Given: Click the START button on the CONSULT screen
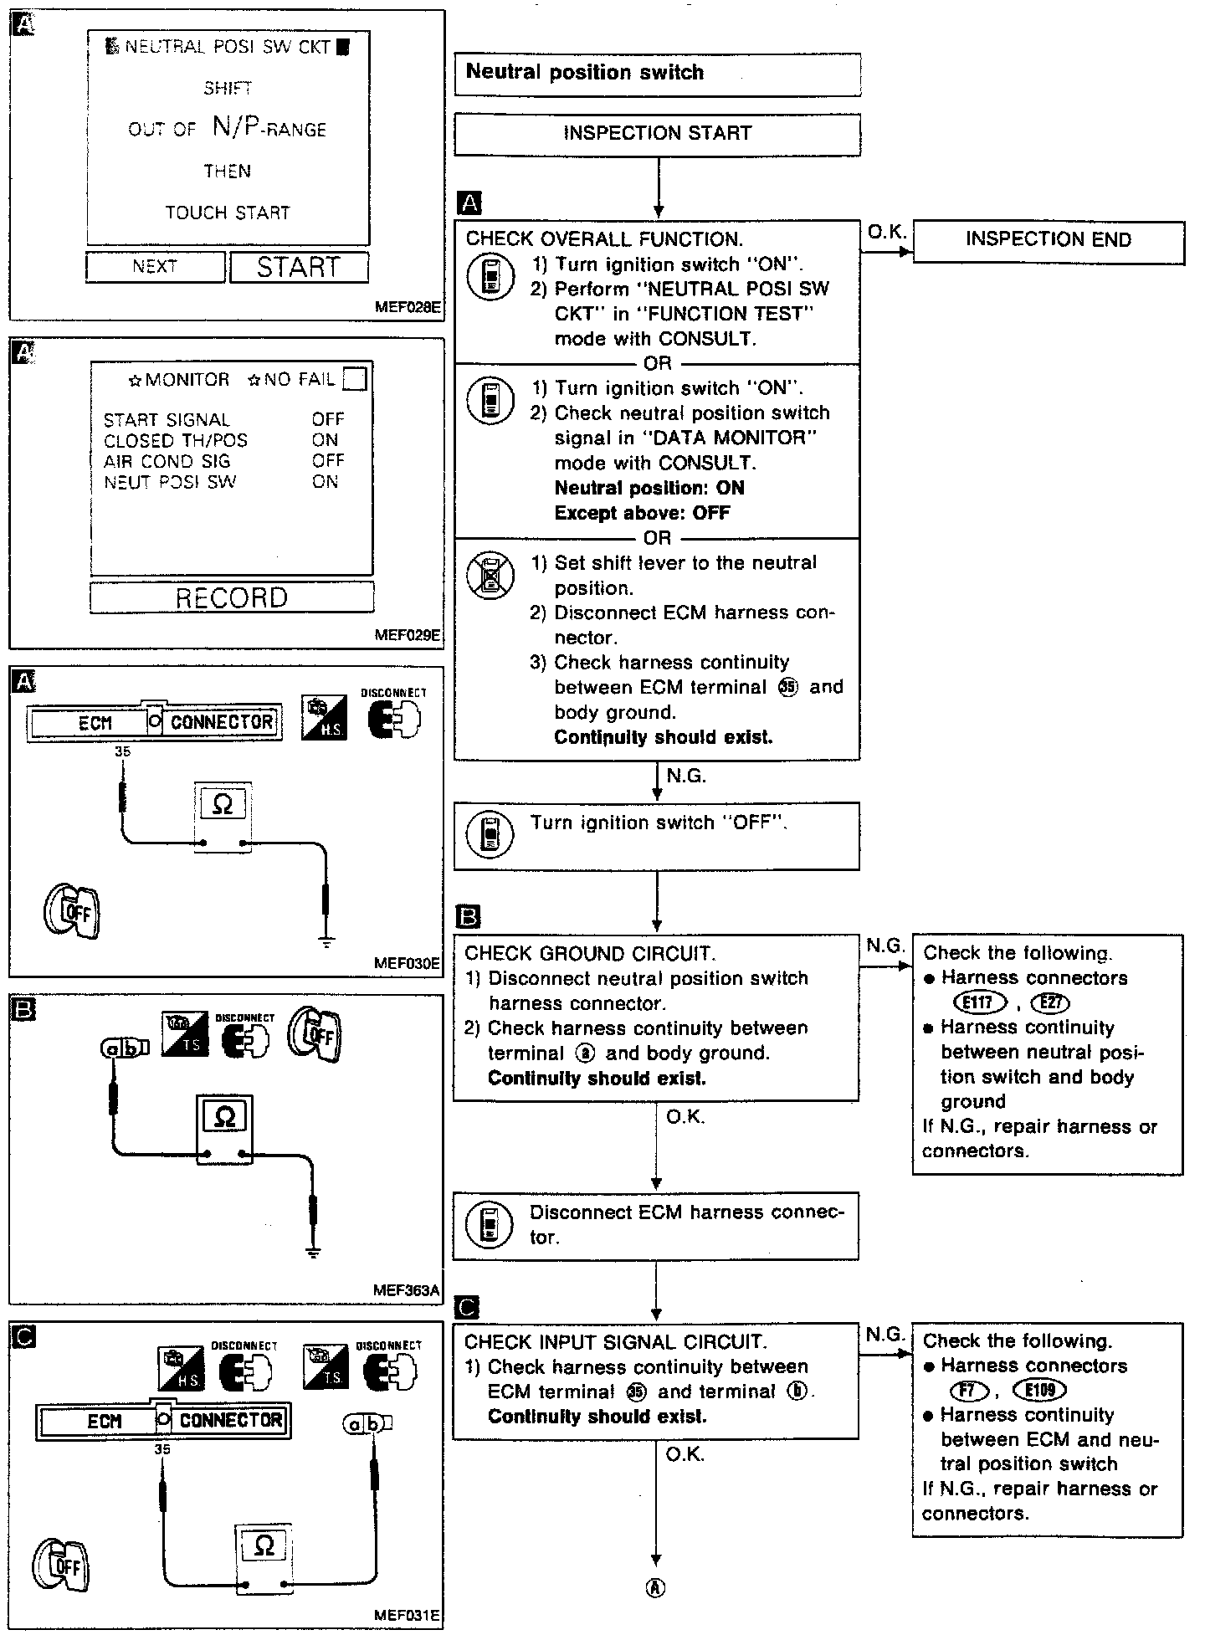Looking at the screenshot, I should [299, 268].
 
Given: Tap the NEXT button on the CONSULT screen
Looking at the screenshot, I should [155, 267].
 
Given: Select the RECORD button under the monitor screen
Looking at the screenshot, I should [232, 597].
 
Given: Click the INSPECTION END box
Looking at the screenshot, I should [1048, 240].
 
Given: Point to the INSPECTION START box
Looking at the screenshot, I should [657, 133].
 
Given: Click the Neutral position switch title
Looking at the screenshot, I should [585, 73].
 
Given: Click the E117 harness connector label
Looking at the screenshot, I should [979, 1002].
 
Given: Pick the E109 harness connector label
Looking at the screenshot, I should [1039, 1390].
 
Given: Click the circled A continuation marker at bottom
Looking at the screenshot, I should [657, 1587].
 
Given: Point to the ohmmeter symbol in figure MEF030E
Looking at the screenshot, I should [223, 805].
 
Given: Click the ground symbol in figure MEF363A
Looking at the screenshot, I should [312, 1253].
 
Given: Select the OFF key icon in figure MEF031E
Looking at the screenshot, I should [62, 1564].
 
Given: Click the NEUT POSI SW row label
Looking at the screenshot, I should [170, 482].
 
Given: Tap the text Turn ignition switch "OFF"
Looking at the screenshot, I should [659, 823].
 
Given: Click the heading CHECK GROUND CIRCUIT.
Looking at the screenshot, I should [589, 953].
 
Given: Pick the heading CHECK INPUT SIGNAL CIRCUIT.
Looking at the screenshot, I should [615, 1341].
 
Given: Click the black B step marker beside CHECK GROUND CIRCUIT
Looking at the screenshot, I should [469, 917].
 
